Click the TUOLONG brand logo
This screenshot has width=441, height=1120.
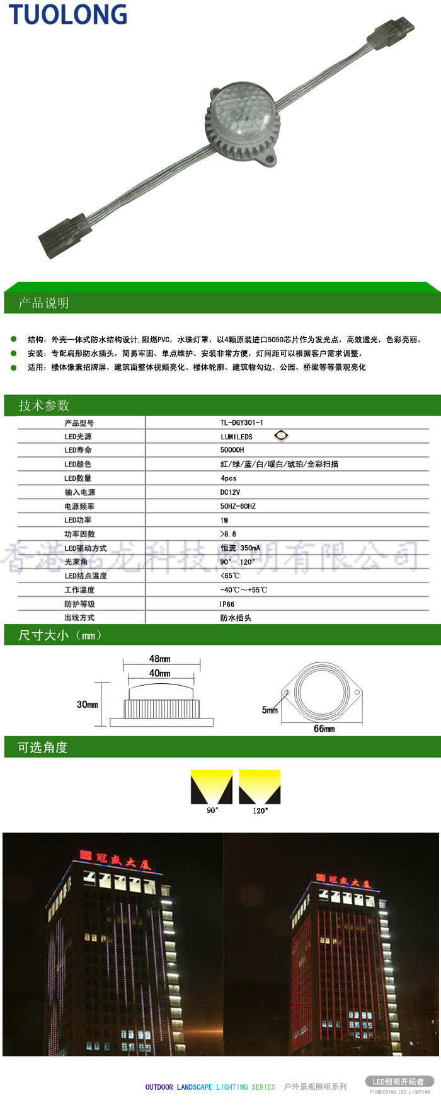tap(67, 14)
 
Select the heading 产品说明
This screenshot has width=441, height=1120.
tap(43, 303)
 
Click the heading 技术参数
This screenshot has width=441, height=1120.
tap(43, 405)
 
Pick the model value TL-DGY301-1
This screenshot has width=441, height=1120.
tap(242, 423)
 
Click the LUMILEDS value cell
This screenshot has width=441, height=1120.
tap(236, 437)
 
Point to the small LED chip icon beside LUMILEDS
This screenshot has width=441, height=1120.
tap(281, 436)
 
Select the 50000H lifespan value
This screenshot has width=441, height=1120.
tap(232, 450)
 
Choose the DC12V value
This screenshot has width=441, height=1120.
tap(230, 492)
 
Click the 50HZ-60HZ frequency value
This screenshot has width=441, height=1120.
tap(238, 506)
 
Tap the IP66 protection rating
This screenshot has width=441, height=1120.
tap(227, 604)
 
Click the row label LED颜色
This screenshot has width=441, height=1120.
tap(77, 464)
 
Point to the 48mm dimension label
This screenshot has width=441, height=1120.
tap(159, 659)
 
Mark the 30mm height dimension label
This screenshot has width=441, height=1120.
tap(87, 705)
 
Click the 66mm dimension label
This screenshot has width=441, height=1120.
tap(324, 729)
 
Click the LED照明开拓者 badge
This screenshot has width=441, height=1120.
tap(398, 1082)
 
